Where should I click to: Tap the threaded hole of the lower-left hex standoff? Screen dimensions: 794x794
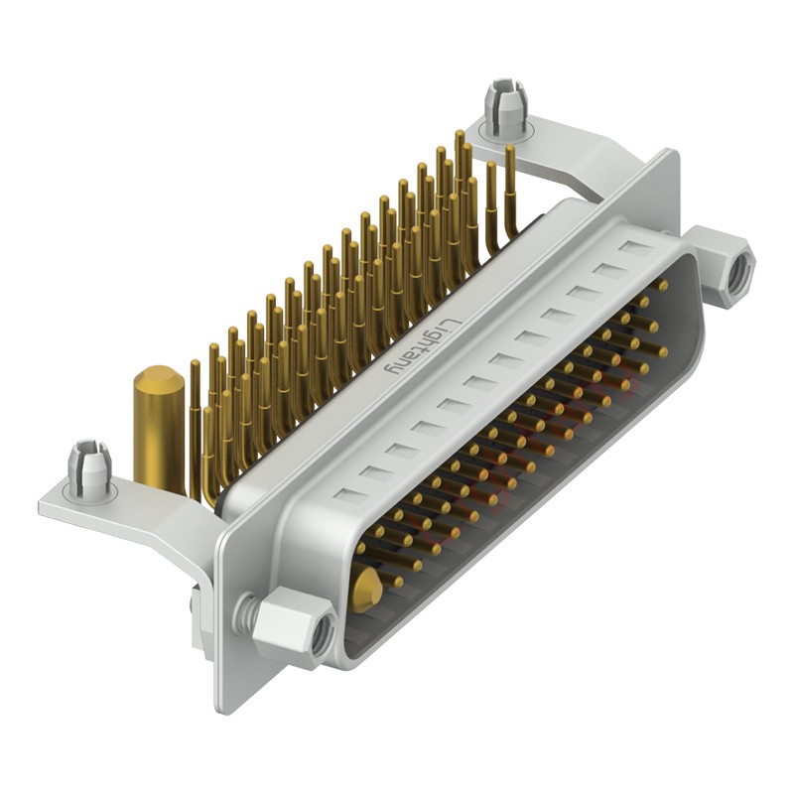point(320,640)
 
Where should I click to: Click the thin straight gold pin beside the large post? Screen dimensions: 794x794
point(195,437)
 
